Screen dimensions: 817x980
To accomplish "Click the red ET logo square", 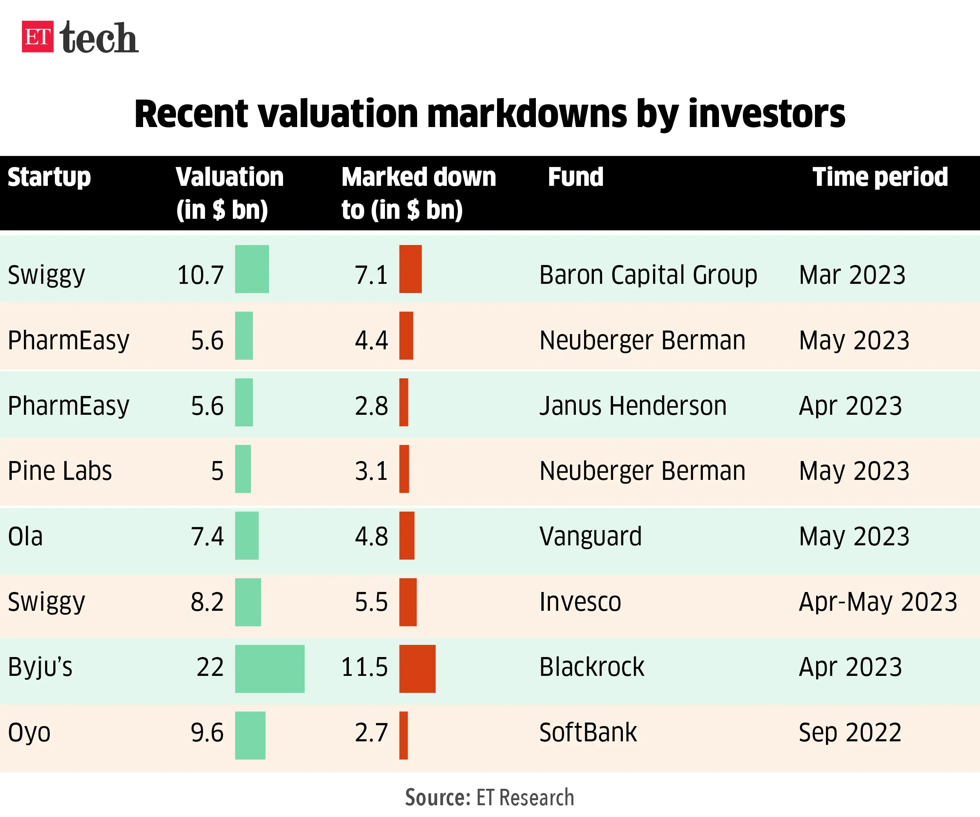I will [x=37, y=36].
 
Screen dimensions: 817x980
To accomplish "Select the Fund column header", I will [x=575, y=177].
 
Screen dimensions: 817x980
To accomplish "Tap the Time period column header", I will [x=880, y=177].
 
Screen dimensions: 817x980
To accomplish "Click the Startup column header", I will [x=49, y=177].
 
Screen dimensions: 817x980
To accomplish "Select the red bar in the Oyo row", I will [x=403, y=735].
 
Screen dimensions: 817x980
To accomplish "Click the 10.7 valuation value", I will [x=201, y=275].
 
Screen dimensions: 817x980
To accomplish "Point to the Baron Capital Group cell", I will [x=648, y=275].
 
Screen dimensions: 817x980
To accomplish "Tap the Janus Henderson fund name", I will [x=633, y=405].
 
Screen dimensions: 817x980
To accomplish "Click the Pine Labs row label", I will [x=60, y=471].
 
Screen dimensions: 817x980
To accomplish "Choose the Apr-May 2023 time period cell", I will [x=878, y=602].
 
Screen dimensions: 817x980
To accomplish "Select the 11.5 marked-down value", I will [x=365, y=667].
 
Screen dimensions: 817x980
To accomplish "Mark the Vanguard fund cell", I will [x=590, y=536].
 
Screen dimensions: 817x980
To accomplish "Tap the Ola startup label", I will [x=25, y=536].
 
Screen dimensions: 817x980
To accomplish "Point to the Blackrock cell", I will [x=591, y=667].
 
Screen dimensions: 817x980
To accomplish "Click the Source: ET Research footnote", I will [x=489, y=797].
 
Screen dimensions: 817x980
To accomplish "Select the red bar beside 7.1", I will [x=410, y=269].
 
